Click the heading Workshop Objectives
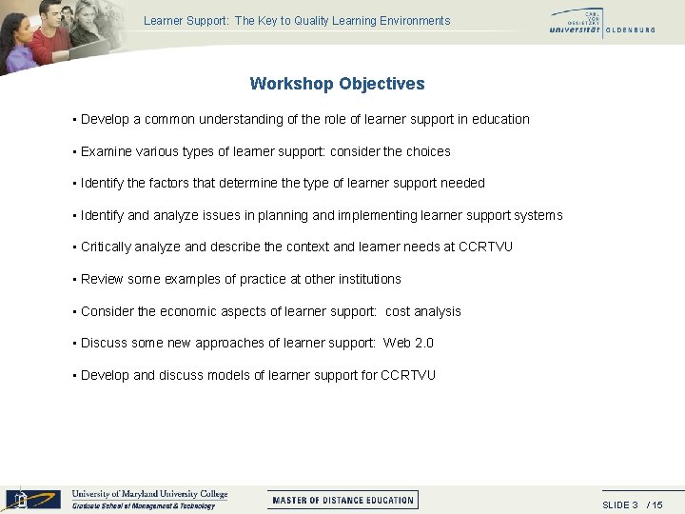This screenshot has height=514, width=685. click(337, 84)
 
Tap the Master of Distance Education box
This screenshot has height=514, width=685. click(342, 500)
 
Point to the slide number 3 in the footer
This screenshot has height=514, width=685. click(634, 504)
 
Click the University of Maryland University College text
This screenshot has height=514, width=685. click(149, 494)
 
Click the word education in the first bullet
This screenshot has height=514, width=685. click(499, 120)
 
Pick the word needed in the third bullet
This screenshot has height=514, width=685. click(459, 184)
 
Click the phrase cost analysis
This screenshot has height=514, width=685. click(422, 312)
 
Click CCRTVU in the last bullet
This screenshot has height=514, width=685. click(407, 376)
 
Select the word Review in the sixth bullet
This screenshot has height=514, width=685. click(102, 280)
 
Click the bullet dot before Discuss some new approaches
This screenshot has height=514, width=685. click(73, 344)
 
